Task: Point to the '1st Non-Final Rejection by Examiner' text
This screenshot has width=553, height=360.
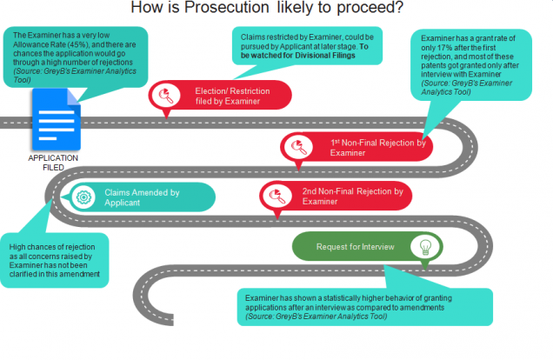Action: tap(377, 147)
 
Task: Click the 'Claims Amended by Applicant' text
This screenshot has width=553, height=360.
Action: tap(142, 197)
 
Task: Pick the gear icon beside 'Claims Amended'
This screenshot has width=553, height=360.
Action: tap(83, 196)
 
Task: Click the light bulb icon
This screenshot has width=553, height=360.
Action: tap(425, 246)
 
